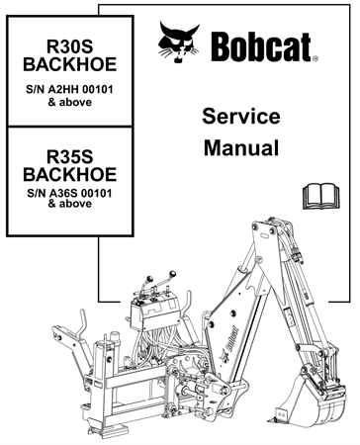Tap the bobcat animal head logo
(x=180, y=44)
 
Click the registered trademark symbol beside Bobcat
(x=315, y=58)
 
